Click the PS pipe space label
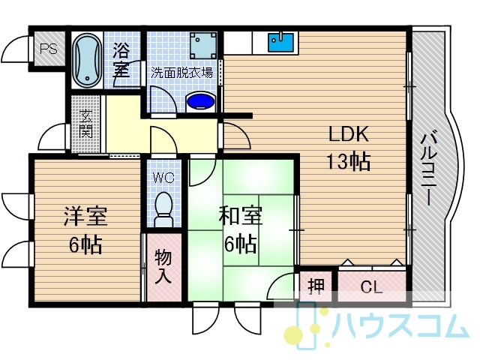49,49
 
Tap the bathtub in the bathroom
88,61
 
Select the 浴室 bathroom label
121,60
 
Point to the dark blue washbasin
201,102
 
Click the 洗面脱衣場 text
181,73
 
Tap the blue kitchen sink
280,42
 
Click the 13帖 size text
349,161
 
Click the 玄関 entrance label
85,124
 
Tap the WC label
163,178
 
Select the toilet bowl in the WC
163,209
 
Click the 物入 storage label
163,266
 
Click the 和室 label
241,216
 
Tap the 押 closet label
316,286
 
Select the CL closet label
371,287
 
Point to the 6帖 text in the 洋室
85,244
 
